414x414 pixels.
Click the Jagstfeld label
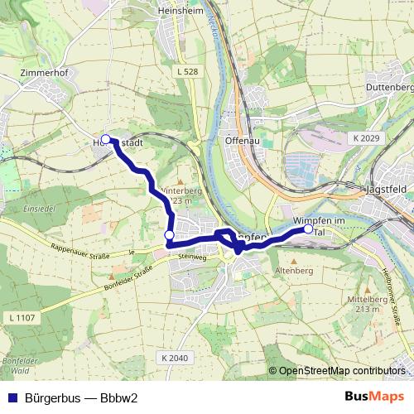point(389,190)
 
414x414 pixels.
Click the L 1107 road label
point(22,318)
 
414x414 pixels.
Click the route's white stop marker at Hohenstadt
point(105,139)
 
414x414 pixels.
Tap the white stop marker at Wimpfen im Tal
point(309,230)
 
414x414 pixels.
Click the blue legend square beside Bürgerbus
point(10,396)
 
